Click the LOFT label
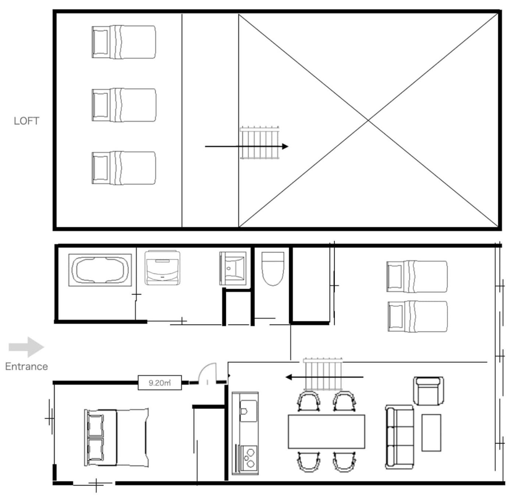coord(26,121)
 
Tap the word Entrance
coord(26,367)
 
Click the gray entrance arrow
coord(26,347)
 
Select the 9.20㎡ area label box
coord(160,382)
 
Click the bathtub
coord(100,270)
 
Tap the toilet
coord(273,269)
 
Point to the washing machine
coord(163,268)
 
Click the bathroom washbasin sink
coord(233,268)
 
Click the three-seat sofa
coord(399,437)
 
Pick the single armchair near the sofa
coord(429,391)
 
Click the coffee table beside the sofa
coord(431,433)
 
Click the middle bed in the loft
coord(124,105)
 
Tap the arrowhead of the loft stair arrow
coord(285,146)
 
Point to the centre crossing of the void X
coord(368,120)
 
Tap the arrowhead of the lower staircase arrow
coord(288,377)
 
